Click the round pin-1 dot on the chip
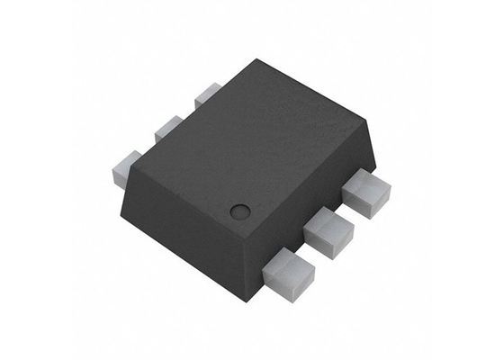[x=239, y=212]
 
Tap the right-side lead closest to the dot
[x=290, y=271]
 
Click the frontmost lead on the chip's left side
[x=127, y=167]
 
